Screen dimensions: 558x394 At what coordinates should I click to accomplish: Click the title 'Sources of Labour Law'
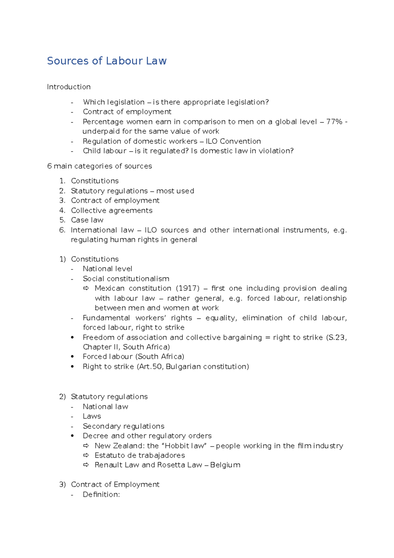point(107,61)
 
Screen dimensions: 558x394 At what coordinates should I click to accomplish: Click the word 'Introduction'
point(69,87)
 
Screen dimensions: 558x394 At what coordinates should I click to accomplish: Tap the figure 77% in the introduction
point(334,122)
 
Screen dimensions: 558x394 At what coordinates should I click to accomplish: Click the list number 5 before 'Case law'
point(62,220)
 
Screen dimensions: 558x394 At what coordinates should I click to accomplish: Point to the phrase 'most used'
point(175,191)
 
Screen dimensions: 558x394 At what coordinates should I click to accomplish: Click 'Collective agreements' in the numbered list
point(112,210)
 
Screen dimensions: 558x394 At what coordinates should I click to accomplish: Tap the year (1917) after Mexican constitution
point(187,288)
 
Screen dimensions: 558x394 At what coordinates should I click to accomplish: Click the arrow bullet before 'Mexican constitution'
point(86,288)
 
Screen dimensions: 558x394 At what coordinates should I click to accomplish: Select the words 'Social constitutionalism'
point(126,279)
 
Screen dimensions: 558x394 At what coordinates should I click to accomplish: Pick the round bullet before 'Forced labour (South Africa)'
point(72,357)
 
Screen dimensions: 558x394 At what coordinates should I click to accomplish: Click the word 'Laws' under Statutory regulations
point(92,416)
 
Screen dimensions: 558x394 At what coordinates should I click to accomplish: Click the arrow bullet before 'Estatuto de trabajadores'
point(86,455)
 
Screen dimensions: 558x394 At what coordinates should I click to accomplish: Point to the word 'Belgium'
point(225,465)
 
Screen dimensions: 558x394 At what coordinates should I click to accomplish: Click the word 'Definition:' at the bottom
point(101,494)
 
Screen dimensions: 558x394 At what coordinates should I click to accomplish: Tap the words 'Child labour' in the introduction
point(104,151)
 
